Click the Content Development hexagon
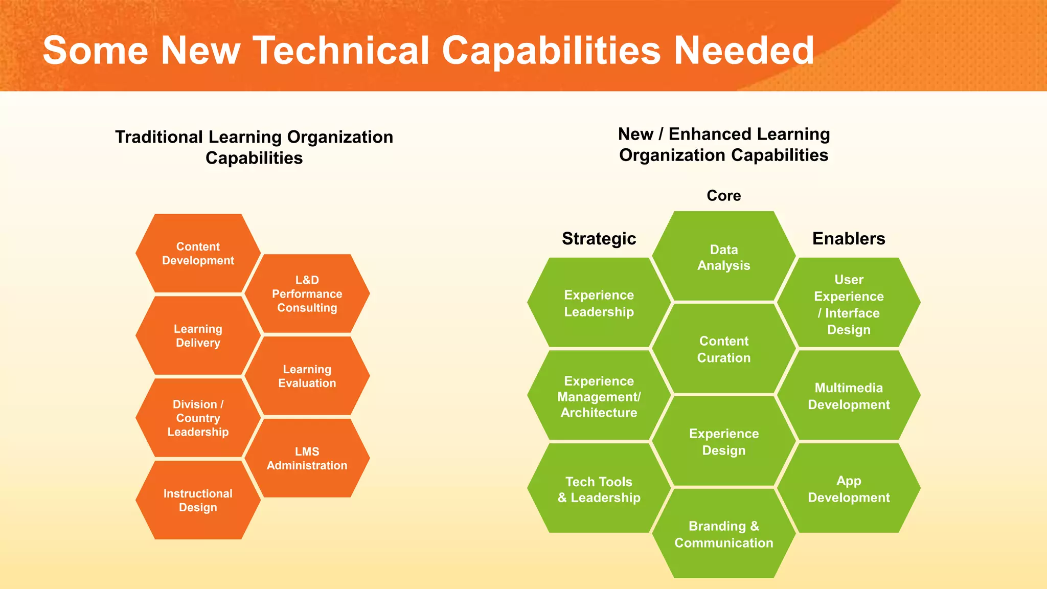click(x=198, y=254)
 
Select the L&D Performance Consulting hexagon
click(x=307, y=294)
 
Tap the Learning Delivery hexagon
click(x=198, y=336)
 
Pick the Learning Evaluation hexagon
click(x=307, y=376)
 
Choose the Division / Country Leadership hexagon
click(x=198, y=418)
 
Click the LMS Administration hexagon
click(x=307, y=459)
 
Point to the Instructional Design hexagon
click(x=198, y=501)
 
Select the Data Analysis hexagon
click(x=723, y=257)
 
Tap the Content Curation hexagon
click(x=723, y=349)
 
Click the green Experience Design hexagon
click(x=723, y=442)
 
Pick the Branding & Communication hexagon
click(x=723, y=534)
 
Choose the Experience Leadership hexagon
click(x=599, y=303)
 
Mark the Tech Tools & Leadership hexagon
click(x=599, y=489)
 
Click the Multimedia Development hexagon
click(x=849, y=396)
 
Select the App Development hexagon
click(x=849, y=489)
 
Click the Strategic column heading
click(x=599, y=238)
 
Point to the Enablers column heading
click(x=849, y=238)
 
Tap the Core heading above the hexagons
click(x=723, y=195)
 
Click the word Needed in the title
click(x=744, y=50)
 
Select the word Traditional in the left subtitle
click(x=159, y=137)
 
